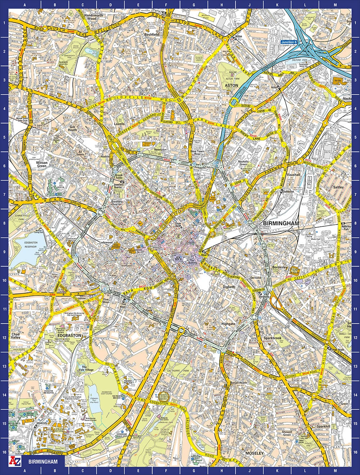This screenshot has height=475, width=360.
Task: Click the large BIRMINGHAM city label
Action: coord(281,223)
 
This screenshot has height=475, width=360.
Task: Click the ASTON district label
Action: coord(231,85)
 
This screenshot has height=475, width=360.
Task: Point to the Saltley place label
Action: coord(338,187)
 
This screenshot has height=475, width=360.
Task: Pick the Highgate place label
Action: coord(228,324)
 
